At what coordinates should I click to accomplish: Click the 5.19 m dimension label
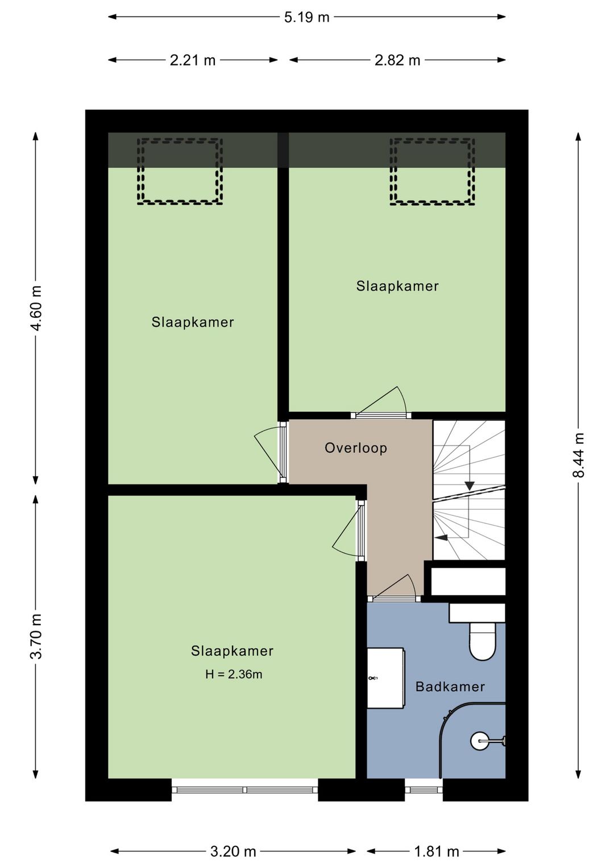(306, 18)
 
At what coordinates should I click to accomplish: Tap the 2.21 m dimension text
(193, 60)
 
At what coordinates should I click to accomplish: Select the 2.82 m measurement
(397, 60)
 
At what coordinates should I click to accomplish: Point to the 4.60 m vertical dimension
(37, 308)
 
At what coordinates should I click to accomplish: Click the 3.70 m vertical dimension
(37, 637)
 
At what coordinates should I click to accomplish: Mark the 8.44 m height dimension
(579, 455)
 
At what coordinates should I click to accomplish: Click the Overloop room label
(356, 448)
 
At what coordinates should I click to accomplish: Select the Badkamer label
(450, 687)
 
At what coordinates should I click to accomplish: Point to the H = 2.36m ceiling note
(234, 675)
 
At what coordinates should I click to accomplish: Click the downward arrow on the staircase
(470, 486)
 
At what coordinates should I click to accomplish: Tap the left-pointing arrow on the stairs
(441, 538)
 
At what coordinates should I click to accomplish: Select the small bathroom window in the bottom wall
(424, 790)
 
